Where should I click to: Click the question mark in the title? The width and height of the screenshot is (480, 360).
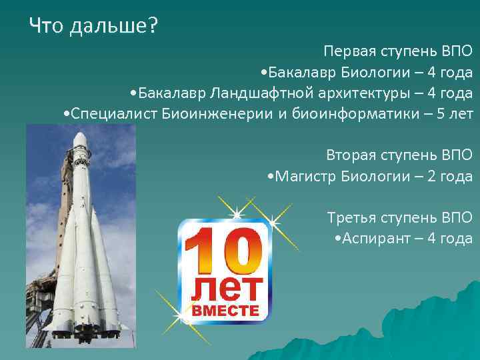[x=153, y=26]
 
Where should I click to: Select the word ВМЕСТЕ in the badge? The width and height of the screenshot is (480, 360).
[x=225, y=311]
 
